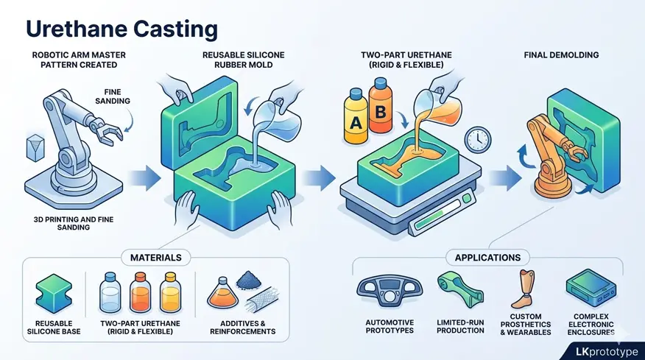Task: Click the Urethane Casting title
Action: click(122, 29)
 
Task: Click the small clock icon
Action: click(479, 137)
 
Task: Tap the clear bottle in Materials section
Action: click(110, 293)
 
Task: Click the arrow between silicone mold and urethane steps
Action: click(320, 177)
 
